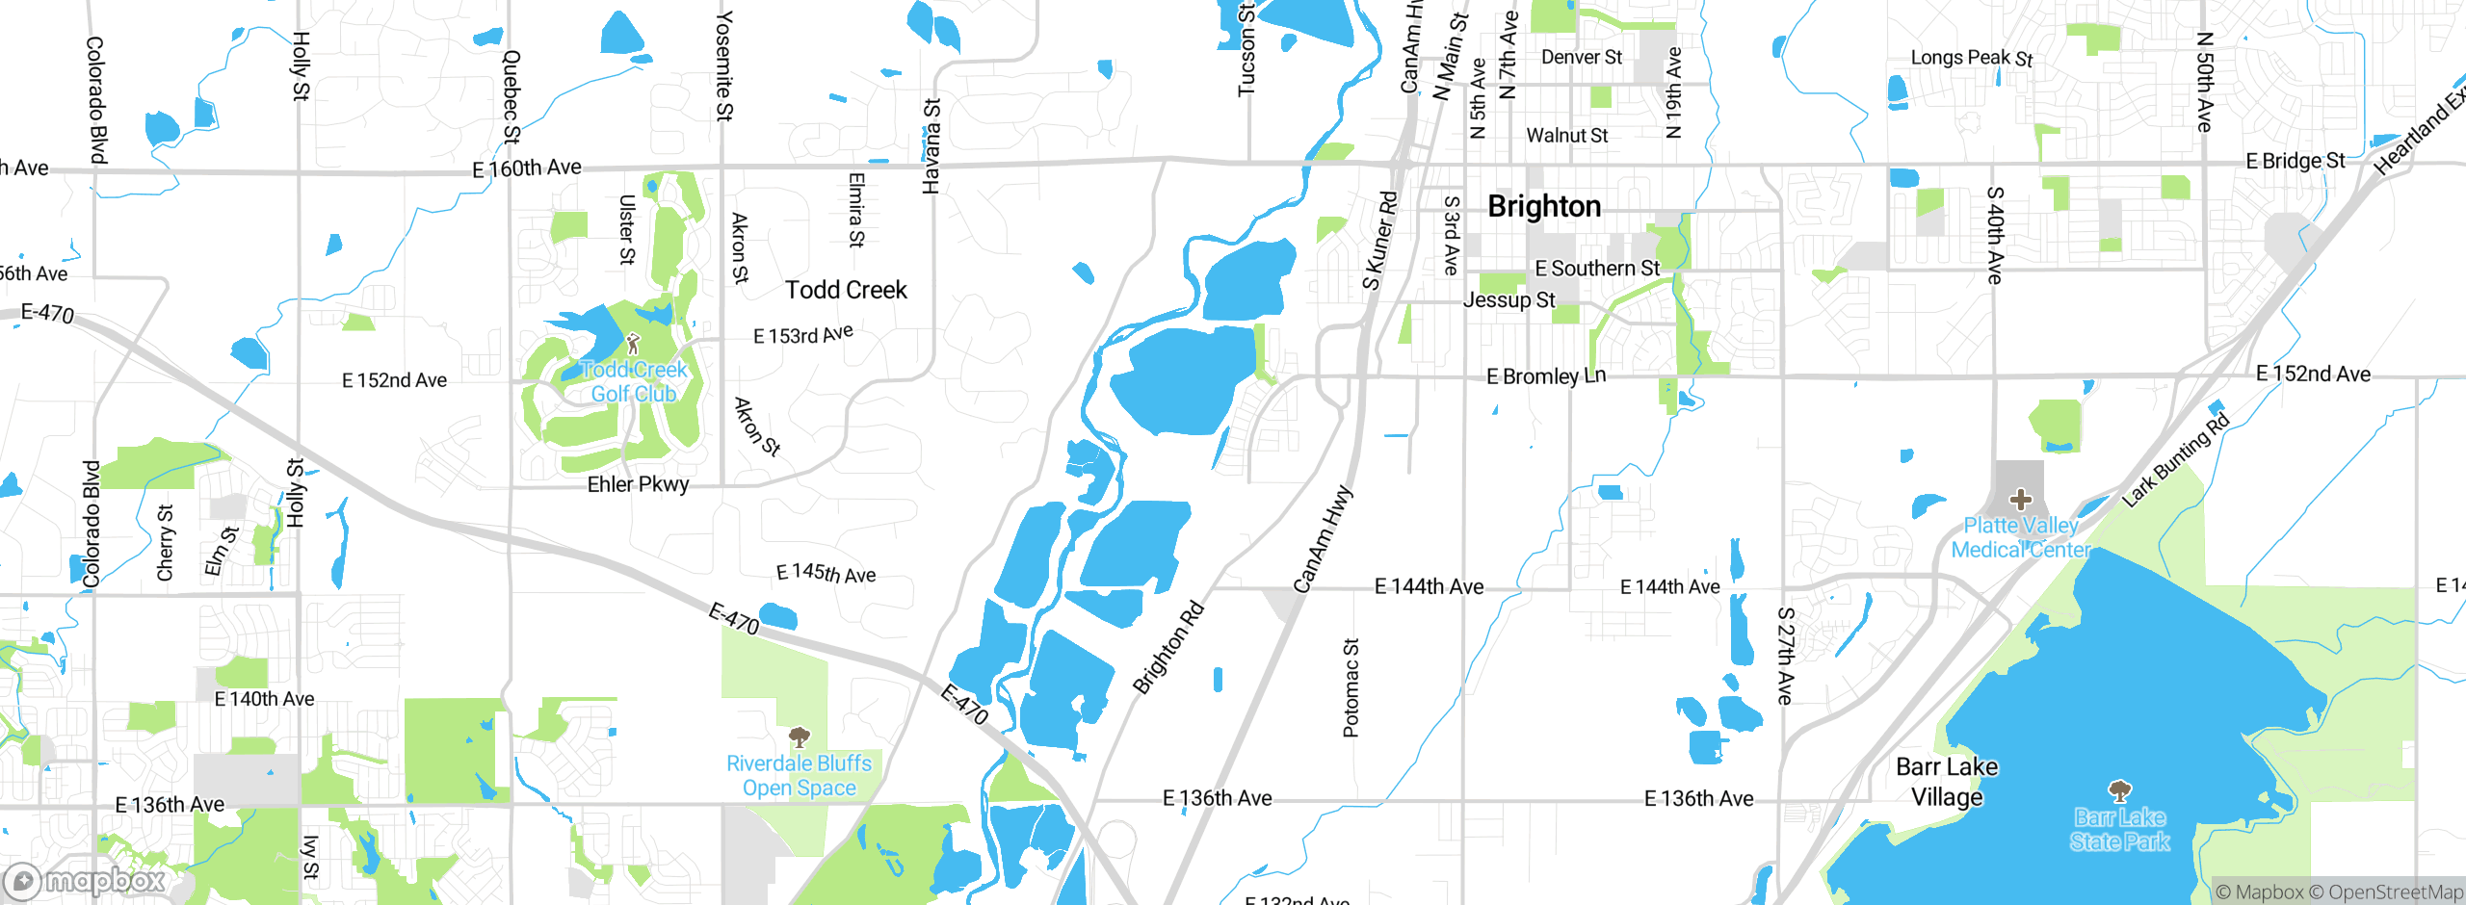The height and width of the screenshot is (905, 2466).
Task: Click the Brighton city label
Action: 1544,207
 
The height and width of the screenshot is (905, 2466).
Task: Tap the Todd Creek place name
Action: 846,290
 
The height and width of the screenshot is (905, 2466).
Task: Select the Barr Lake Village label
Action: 1947,782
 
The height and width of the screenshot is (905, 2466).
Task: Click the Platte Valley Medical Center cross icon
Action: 2020,500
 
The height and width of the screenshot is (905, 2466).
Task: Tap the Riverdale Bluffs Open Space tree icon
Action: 799,737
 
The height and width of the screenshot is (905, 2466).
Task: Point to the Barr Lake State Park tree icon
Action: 2119,791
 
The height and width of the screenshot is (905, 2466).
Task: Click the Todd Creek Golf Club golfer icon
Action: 633,344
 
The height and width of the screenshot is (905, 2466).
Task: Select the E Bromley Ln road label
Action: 1545,376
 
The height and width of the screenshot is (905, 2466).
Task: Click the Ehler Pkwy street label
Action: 638,484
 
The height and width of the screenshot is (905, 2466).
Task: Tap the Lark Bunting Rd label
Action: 2175,460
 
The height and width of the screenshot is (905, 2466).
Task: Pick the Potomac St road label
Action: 1351,687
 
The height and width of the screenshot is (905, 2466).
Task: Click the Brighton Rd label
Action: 1168,647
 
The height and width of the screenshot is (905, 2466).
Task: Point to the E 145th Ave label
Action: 826,574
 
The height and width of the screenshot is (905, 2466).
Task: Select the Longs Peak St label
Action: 1971,58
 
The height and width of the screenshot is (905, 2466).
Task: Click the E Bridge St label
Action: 2295,161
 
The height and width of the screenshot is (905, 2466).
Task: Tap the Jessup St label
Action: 1508,300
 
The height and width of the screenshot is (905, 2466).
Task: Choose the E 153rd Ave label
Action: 802,334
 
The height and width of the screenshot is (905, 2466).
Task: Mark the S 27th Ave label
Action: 1785,655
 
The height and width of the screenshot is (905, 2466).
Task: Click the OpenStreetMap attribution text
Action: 2385,892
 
